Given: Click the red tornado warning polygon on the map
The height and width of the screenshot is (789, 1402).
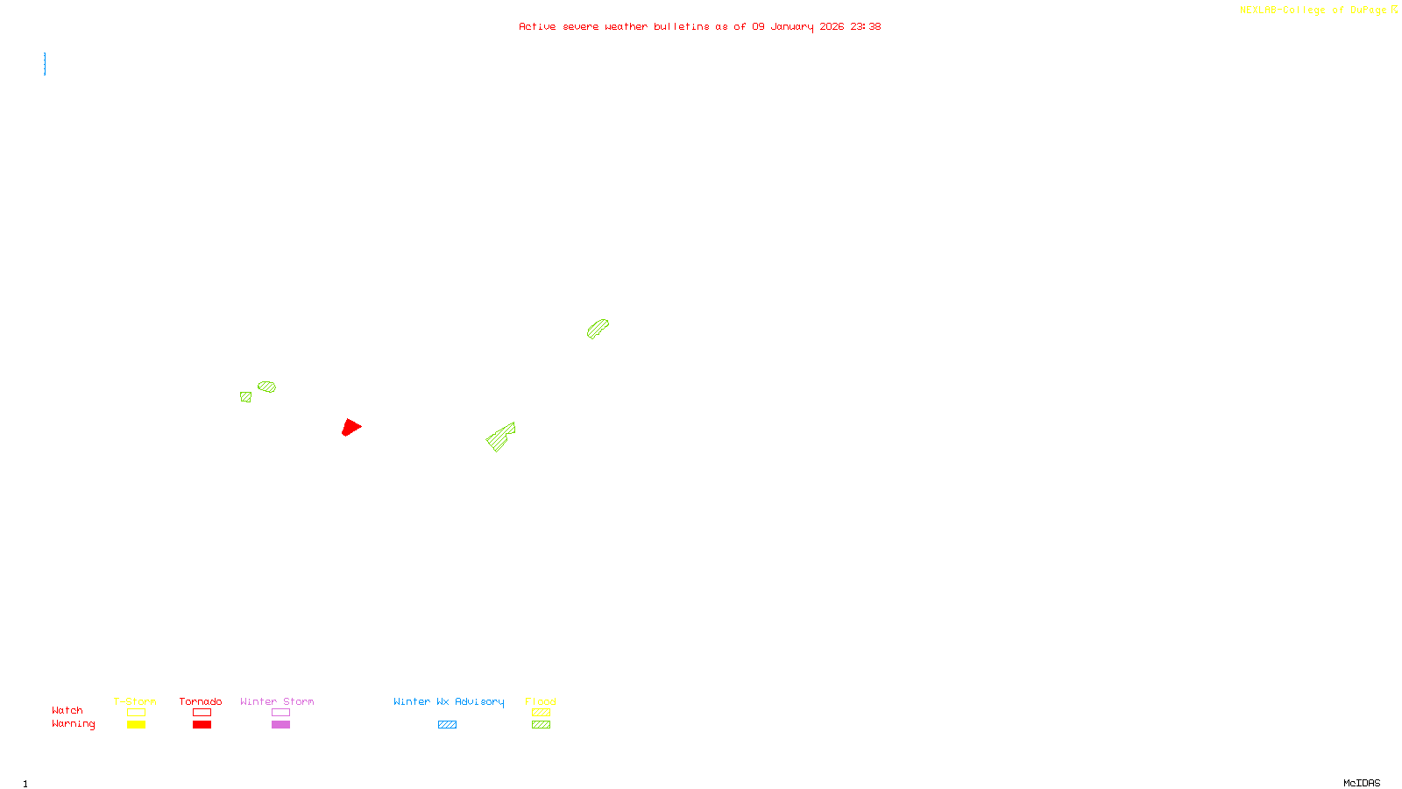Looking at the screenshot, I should point(350,427).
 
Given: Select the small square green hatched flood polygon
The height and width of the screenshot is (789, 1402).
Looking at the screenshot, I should point(245,397).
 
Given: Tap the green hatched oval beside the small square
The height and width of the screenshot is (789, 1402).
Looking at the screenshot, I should point(266,387).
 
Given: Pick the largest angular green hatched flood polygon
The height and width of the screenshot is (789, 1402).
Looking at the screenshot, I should point(500,437).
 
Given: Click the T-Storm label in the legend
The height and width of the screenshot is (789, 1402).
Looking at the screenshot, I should point(135,701).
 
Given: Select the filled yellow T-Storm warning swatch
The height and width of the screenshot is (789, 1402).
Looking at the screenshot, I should point(136,725).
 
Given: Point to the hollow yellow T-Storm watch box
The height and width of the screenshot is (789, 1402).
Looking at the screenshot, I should point(136,713).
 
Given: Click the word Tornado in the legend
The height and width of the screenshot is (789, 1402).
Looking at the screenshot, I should point(201,701).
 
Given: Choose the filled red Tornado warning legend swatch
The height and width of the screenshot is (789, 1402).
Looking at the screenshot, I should point(202,725).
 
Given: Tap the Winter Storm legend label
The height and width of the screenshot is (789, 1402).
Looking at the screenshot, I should point(277,701).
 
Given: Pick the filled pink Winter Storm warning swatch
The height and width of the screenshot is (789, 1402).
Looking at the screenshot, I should point(280,725).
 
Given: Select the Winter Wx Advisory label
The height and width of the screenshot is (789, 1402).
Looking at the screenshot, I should point(449,701).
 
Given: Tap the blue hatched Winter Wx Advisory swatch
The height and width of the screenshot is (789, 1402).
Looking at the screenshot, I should point(447,725).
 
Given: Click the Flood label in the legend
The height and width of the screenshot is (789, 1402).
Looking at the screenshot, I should point(541,701).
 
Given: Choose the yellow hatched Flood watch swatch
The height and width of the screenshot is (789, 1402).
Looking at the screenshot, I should point(541,713).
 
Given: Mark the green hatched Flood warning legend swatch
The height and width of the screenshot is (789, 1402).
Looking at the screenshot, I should point(541,725).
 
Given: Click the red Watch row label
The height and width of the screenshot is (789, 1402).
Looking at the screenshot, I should point(67,711).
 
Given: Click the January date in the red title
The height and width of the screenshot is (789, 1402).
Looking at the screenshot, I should point(791,26).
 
